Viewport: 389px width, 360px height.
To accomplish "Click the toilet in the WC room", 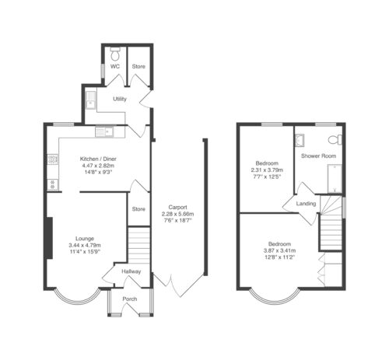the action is (x=115, y=54).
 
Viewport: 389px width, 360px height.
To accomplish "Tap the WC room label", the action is (x=115, y=67).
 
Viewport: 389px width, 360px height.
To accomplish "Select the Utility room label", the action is (x=120, y=99).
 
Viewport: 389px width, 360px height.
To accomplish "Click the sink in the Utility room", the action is (x=91, y=100).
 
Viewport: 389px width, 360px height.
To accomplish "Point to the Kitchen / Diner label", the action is (x=98, y=159).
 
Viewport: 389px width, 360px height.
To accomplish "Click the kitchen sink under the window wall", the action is (x=104, y=131).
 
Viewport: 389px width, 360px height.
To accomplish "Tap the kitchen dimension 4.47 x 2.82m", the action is (x=98, y=166).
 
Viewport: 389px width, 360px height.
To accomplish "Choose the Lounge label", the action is (x=85, y=239).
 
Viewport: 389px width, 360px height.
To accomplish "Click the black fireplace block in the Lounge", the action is (x=49, y=238).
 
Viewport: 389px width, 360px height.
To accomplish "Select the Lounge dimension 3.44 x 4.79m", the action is (x=85, y=245).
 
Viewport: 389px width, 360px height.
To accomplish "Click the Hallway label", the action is (x=131, y=271).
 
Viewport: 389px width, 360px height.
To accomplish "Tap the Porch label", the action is (x=130, y=299).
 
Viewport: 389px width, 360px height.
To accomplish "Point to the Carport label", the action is (x=177, y=207).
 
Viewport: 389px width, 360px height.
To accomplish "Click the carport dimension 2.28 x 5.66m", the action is (x=177, y=214).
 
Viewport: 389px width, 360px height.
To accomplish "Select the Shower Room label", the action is (x=318, y=156).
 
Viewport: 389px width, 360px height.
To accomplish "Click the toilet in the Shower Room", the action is (x=335, y=140).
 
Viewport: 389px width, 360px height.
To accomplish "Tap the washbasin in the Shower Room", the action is (x=300, y=140).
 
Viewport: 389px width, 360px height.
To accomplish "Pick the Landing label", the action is (x=306, y=204).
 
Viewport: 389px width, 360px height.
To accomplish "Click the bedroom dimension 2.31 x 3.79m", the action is (x=267, y=170).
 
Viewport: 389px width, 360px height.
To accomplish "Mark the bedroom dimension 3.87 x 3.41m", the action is (x=279, y=250).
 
